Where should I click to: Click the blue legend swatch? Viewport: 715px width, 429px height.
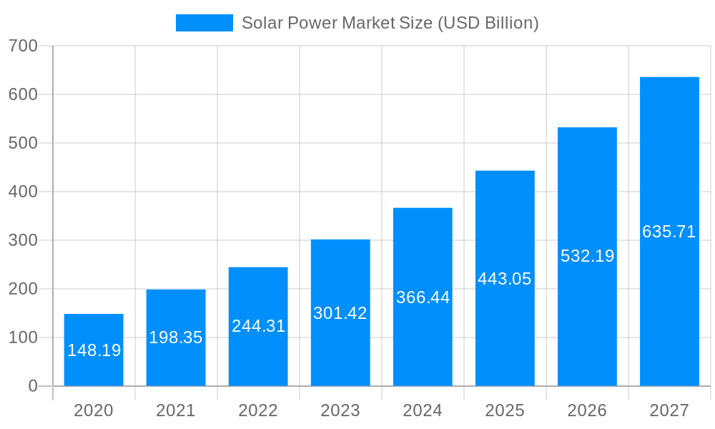tap(204, 23)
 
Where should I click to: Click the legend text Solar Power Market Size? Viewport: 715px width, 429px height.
tap(390, 23)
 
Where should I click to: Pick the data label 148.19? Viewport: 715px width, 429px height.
tap(94, 350)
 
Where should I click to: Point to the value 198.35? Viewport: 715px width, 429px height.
tap(176, 337)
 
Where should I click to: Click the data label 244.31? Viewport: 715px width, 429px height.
tap(258, 326)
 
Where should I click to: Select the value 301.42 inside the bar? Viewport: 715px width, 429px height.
tap(340, 313)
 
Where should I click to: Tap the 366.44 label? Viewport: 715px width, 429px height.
tap(423, 297)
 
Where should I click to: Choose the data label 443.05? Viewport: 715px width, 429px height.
tap(505, 279)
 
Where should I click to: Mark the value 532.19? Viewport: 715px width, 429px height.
tap(587, 256)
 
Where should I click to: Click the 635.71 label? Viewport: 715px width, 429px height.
tap(669, 232)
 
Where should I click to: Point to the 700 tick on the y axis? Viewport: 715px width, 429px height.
tap(23, 46)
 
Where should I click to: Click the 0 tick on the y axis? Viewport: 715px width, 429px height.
tap(32, 386)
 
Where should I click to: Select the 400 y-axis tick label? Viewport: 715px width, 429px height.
tap(23, 192)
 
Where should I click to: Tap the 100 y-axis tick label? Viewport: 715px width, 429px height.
tap(23, 337)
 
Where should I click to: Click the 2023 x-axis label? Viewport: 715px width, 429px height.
tap(340, 410)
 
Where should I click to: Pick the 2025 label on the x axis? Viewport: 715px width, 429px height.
tap(505, 410)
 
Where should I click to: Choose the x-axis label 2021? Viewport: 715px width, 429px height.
tap(176, 410)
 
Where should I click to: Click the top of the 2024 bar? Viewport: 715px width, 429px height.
tap(423, 209)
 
